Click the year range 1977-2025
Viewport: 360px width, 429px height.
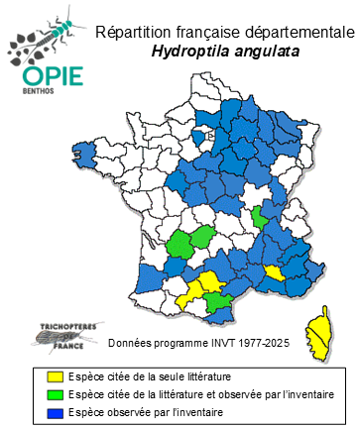(261, 343)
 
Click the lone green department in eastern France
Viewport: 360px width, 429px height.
(260, 217)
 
